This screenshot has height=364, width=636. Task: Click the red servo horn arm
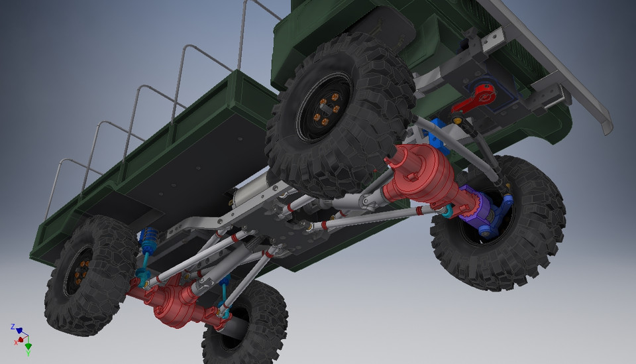click(x=474, y=99)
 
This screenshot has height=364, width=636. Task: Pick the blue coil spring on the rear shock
click(x=148, y=239)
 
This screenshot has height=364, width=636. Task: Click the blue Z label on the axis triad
click(x=13, y=327)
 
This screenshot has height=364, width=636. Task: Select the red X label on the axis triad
click(x=16, y=342)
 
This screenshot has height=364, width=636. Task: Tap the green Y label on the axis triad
click(x=28, y=353)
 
